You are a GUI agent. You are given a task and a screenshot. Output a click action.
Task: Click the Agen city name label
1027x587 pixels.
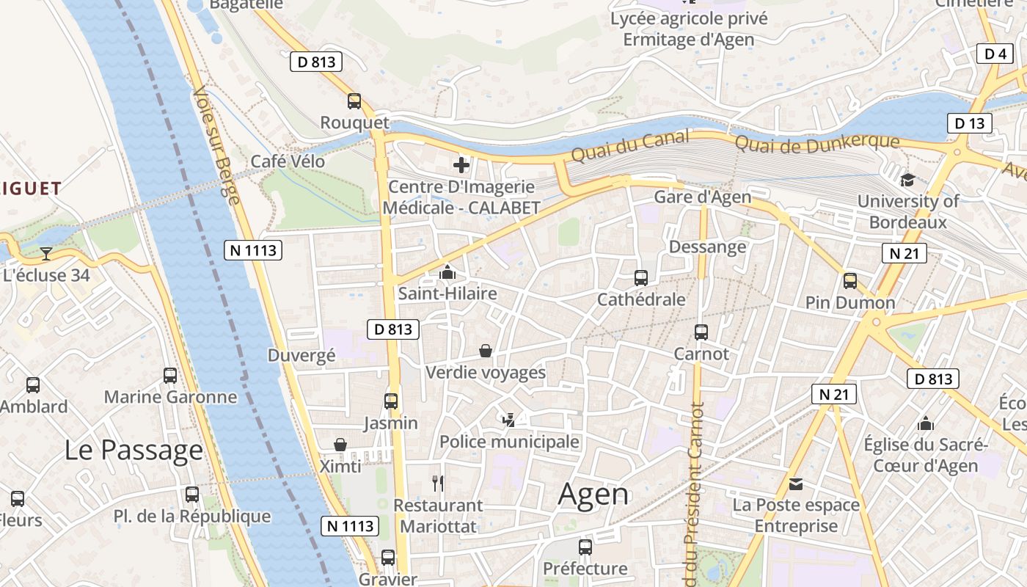[593, 495]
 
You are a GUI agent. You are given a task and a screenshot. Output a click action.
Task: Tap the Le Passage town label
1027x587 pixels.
[134, 450]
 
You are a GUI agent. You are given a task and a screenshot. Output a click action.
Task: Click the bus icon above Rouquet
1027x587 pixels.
[354, 101]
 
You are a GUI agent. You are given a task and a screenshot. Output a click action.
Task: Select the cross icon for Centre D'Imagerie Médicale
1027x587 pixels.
[461, 165]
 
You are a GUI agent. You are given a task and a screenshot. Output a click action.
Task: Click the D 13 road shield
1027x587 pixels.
[969, 123]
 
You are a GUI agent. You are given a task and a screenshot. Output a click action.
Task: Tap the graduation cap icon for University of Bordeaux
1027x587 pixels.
[907, 180]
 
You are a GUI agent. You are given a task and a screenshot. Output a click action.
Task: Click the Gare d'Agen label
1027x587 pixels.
[702, 197]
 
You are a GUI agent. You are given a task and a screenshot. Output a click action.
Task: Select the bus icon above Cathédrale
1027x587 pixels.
[640, 278]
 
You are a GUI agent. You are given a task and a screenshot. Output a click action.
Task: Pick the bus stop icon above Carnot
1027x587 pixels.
[701, 332]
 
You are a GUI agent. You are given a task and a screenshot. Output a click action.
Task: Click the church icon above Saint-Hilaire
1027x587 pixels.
[447, 273]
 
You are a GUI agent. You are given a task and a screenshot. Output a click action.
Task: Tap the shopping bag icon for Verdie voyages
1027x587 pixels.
[485, 351]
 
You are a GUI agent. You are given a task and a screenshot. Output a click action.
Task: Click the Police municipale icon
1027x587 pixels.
[509, 420]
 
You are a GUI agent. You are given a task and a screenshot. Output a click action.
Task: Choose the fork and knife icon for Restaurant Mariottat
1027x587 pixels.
[438, 483]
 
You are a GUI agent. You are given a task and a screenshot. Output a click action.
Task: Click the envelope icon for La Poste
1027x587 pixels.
[796, 484]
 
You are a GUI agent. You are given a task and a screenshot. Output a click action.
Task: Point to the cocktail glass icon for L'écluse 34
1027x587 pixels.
[46, 254]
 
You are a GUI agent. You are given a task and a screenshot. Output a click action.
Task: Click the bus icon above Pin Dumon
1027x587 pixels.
[849, 281]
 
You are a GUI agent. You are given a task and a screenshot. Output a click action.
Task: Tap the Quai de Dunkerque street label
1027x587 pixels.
[816, 144]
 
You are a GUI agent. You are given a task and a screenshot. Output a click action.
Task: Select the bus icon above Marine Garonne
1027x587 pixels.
[170, 376]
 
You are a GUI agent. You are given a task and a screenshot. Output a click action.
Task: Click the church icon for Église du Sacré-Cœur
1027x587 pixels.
[926, 423]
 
